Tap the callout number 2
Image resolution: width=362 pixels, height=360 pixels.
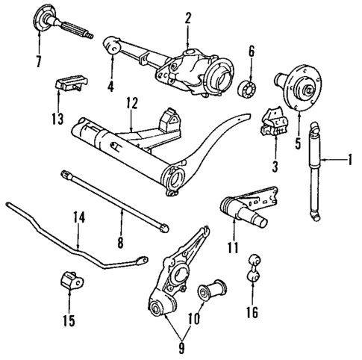[188, 17]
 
